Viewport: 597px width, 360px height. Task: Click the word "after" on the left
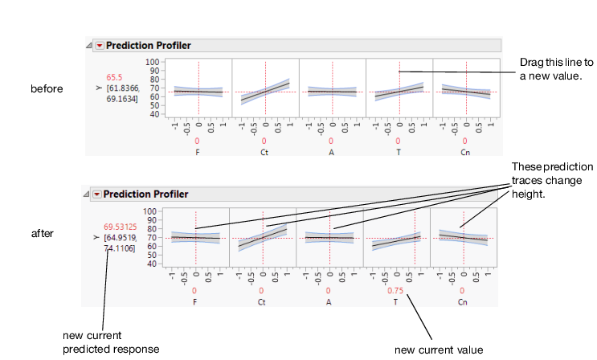tap(41, 233)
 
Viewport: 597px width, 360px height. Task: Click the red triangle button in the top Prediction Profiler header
tap(100, 46)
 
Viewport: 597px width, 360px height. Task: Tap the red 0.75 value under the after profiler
tap(395, 291)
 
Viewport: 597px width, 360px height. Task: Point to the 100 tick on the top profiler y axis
tap(151, 61)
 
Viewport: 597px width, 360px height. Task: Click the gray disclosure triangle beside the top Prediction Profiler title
tap(88, 47)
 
